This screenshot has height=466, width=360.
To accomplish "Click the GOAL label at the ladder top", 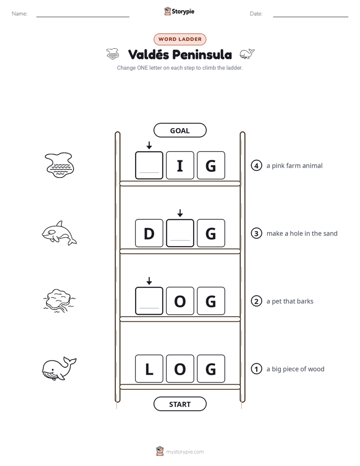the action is pos(179,130).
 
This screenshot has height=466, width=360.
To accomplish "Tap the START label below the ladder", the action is pos(179,404).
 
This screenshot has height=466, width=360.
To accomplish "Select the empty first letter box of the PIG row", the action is pos(149,165).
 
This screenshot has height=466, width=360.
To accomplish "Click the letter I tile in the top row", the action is pos(180,165).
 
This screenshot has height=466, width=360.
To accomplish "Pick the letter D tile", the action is pos(149,233).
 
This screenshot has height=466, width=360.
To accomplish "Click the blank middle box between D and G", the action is pos(180,233).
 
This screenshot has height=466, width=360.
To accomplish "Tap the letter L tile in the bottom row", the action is pos(149,369).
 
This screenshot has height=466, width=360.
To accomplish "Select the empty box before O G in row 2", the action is pos(149,301).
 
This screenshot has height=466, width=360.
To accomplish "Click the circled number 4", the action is pos(256,165).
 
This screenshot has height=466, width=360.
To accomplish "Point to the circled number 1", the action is pos(256,369).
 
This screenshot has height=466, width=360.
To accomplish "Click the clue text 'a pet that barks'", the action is pos(290,301).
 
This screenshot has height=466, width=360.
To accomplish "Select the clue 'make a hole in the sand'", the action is pos(302,234).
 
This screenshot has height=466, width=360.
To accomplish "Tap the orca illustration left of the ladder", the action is pos(59,233).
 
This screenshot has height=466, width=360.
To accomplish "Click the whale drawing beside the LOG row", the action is pos(59,369).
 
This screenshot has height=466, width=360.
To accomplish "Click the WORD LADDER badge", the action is pos(179,39).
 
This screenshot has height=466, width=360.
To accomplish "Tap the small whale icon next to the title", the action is pos(247,54).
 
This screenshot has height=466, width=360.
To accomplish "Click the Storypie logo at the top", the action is pos(179,11).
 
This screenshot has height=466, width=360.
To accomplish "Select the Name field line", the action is pos(83,17).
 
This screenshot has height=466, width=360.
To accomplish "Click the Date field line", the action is pos(311,17).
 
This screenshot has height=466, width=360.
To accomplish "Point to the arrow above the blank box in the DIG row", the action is pos(180,213).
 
